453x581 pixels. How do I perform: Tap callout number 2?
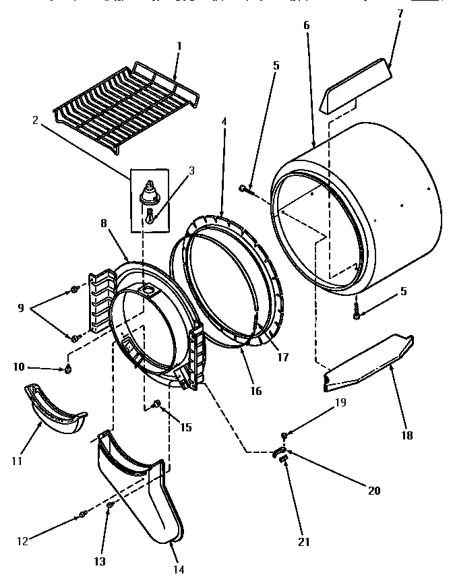coord(34,120)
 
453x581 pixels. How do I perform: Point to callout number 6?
coord(307,25)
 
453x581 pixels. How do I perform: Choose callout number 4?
coord(223,122)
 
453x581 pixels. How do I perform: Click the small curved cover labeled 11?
coord(54,411)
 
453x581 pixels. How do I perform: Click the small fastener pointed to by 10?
coord(68,369)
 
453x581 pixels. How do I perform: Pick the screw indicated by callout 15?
coord(156,404)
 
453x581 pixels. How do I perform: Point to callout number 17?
coord(284,357)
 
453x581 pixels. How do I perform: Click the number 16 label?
coord(255,391)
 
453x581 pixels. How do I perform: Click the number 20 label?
coord(374,490)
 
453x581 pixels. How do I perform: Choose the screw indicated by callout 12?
coord(82,515)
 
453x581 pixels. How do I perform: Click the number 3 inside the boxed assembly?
coord(191,170)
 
